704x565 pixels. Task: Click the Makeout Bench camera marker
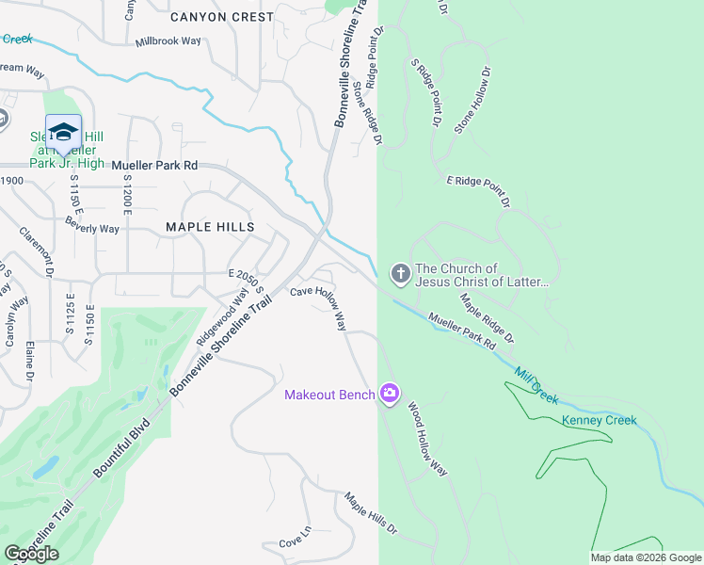point(390,394)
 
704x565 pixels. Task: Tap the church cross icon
point(401,274)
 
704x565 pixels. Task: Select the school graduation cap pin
point(63,132)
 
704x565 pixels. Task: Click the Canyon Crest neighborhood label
point(222,17)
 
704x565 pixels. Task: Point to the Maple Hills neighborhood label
point(210,227)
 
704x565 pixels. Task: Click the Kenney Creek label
point(599,420)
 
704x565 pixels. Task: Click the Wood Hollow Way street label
point(426,439)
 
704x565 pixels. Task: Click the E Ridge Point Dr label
point(478,190)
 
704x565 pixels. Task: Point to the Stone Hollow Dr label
point(472,100)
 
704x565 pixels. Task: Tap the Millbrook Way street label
point(168,41)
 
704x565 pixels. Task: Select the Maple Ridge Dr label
point(487,317)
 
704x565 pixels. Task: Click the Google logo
point(32,554)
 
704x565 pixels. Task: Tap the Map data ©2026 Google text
point(645,557)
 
